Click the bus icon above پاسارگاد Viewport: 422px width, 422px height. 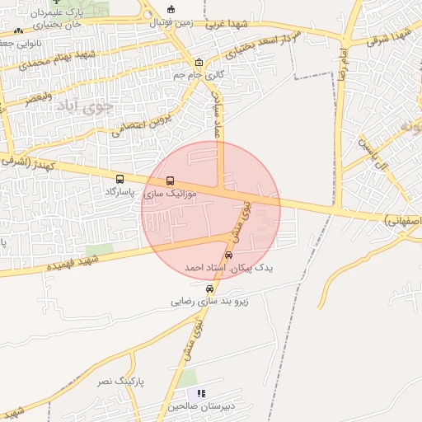(120, 179)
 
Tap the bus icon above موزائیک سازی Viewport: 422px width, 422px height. (171, 181)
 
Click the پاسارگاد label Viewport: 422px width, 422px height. (120, 191)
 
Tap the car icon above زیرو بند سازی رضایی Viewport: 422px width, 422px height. (210, 289)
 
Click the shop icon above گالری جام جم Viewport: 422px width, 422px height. (199, 63)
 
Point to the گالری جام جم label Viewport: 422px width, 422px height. (199, 75)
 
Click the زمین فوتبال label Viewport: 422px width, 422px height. (171, 22)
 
